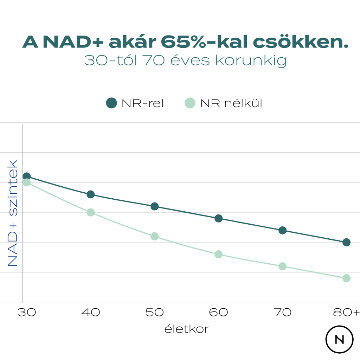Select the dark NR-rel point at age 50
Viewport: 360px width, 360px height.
[x=155, y=206]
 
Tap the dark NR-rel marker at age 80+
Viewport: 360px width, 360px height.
[x=346, y=242]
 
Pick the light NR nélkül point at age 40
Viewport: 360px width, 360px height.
[x=91, y=212]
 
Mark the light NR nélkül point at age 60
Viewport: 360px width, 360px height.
[x=218, y=254]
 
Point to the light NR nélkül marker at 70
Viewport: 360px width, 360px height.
[x=282, y=266]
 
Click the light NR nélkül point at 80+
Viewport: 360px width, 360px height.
[x=346, y=278]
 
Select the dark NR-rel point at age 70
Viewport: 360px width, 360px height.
[x=282, y=230]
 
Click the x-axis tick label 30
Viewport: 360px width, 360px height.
[x=27, y=312]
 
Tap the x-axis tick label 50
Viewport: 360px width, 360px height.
[x=155, y=312]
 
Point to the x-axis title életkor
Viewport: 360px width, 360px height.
[x=187, y=329]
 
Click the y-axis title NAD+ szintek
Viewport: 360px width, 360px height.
[x=13, y=213]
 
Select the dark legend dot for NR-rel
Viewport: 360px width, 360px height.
[x=111, y=103]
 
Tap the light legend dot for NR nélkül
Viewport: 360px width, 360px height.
[x=189, y=103]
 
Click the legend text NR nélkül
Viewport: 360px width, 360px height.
[x=231, y=103]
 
